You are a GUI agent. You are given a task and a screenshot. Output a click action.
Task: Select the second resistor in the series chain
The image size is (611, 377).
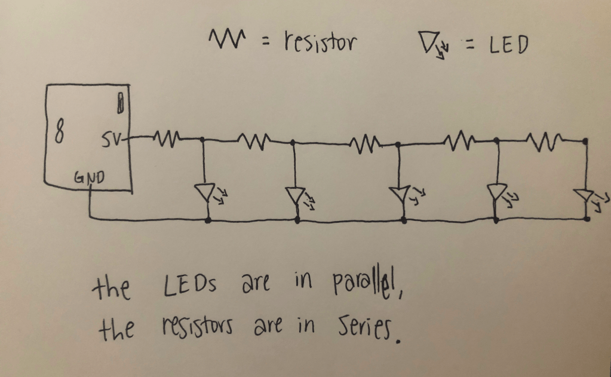[253, 142]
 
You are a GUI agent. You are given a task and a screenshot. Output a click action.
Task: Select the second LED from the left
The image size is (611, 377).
[295, 194]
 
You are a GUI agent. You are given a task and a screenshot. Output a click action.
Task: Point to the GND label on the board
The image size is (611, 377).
[89, 177]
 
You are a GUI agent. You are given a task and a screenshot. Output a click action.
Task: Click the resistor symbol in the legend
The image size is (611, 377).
[226, 41]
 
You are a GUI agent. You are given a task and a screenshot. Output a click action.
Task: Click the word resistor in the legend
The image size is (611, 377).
[320, 42]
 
